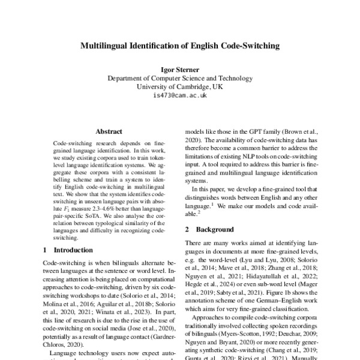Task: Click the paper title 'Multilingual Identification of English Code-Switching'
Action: pyautogui.click(x=180, y=44)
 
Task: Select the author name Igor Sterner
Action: pyautogui.click(x=180, y=68)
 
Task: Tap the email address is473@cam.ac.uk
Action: pyautogui.click(x=180, y=95)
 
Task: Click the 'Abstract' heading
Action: pyautogui.click(x=109, y=131)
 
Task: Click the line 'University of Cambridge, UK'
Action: pyautogui.click(x=180, y=86)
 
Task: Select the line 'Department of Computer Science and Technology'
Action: pyautogui.click(x=180, y=78)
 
